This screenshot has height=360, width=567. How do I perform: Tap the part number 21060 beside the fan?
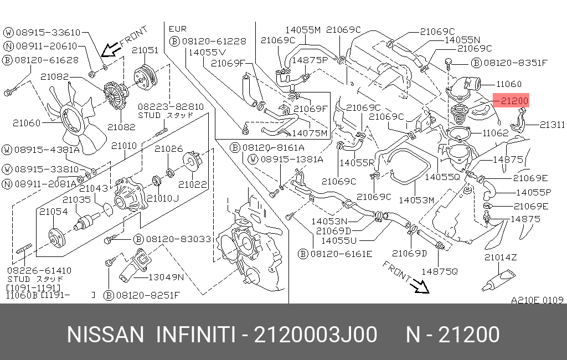coord(27,123)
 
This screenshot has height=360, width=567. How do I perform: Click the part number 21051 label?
coord(145,50)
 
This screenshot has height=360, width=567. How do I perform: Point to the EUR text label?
coord(178,29)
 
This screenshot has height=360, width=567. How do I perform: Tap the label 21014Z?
coord(501,258)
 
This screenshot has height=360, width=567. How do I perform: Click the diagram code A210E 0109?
coord(537,300)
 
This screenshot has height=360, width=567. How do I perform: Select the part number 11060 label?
coord(508,84)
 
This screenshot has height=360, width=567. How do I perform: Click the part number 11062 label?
coord(495,133)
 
